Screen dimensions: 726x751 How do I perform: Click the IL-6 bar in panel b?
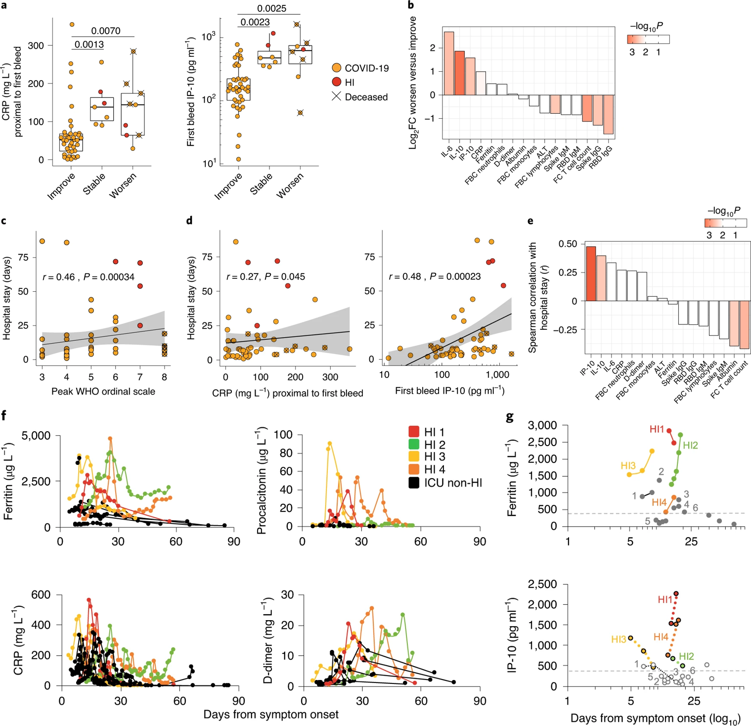(449, 63)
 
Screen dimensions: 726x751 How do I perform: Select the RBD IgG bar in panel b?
(608, 114)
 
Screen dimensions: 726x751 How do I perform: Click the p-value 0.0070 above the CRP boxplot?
(106, 31)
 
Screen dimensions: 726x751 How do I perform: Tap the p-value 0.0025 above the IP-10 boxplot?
(271, 8)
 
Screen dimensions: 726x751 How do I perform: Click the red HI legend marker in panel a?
(337, 82)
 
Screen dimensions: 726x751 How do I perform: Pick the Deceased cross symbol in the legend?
(337, 96)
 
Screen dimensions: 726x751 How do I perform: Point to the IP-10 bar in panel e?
(590, 273)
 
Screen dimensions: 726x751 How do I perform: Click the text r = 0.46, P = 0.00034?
(88, 277)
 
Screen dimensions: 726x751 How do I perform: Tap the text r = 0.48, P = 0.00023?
(435, 276)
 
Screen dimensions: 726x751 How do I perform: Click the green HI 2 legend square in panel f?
(414, 445)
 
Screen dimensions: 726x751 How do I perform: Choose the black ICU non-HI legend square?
(414, 483)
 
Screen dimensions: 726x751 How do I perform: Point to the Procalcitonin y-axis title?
(262, 480)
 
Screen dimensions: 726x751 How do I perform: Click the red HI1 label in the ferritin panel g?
(657, 429)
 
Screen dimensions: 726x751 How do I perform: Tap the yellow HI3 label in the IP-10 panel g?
(618, 639)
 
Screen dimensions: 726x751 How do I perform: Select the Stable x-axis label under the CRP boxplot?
(94, 184)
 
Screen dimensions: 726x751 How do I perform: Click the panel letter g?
(510, 417)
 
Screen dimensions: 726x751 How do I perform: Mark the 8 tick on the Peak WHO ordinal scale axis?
(165, 377)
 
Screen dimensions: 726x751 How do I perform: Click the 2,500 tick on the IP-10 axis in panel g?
(543, 584)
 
